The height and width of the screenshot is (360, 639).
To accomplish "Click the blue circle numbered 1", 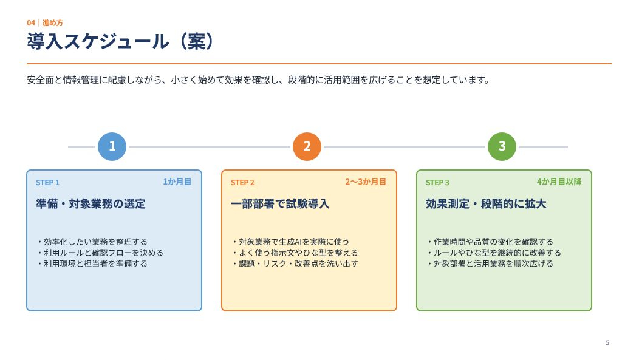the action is tap(112, 146).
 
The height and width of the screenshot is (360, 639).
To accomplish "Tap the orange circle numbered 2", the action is tap(307, 146).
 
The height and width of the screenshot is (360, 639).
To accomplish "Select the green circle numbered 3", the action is tap(502, 146).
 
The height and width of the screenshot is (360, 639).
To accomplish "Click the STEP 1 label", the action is tap(47, 183).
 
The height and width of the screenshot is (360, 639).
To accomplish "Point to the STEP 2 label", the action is tap(242, 183).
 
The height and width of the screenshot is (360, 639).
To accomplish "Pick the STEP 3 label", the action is tap(437, 183).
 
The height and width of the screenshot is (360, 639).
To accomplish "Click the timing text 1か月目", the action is tap(177, 182).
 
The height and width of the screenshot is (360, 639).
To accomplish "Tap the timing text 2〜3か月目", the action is tap(366, 182).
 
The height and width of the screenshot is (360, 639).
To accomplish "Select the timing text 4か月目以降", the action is tap(559, 182).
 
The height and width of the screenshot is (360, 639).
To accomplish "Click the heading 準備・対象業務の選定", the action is tap(91, 203).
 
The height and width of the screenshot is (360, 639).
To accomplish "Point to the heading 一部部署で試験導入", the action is tap(280, 203).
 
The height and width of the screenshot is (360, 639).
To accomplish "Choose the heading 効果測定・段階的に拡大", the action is tap(486, 203).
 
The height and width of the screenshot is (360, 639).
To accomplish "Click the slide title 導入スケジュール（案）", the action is tap(120, 41).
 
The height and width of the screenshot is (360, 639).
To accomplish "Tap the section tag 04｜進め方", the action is tap(45, 23).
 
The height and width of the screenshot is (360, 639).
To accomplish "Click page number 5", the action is tap(607, 342).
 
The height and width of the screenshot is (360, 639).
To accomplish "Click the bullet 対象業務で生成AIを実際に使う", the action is tap(290, 242).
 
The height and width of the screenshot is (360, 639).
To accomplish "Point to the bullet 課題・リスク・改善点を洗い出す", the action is tap(295, 263).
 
